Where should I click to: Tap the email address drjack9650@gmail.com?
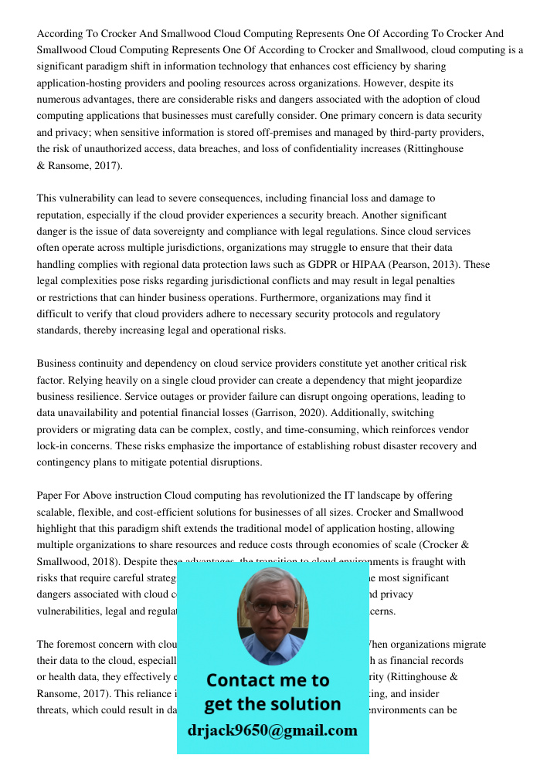[273, 730]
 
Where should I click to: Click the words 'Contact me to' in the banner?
[267, 680]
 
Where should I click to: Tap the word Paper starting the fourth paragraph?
[51, 496]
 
